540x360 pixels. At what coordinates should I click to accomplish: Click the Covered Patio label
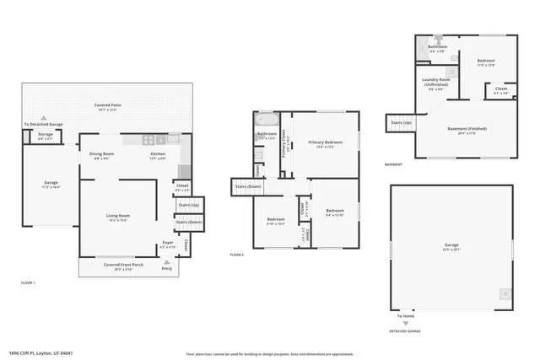point(108,105)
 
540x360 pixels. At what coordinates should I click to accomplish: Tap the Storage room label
point(46,133)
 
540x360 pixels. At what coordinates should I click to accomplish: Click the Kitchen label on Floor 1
point(158,154)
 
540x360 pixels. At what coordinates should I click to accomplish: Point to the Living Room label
point(117,216)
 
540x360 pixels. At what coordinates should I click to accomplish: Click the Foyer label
point(168,243)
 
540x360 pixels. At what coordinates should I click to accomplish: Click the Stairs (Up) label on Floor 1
point(189,205)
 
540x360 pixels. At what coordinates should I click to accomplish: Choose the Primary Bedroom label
point(325,142)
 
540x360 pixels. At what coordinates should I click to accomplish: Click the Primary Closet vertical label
point(284,148)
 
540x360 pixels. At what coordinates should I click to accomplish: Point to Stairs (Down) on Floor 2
point(249,185)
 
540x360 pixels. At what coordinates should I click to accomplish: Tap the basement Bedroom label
point(486,61)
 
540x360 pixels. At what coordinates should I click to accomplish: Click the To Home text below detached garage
point(406,316)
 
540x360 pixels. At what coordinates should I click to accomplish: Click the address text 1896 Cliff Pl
point(41,353)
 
